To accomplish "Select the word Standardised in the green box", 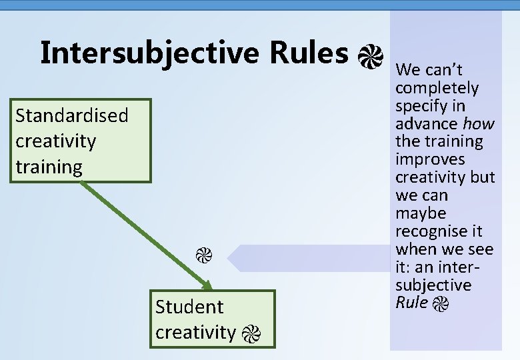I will [72, 115].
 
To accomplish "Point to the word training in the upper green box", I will [49, 167].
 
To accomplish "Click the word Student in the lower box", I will [189, 307].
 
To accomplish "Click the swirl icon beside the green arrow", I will [203, 255].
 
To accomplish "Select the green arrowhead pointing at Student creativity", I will [207, 285].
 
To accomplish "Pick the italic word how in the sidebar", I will [479, 123].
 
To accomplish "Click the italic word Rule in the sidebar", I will [411, 303].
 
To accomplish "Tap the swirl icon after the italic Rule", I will [441, 305].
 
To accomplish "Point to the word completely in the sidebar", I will [437, 88].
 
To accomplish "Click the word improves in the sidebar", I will [430, 159].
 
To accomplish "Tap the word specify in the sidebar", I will [421, 106].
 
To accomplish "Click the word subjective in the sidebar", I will [433, 285].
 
